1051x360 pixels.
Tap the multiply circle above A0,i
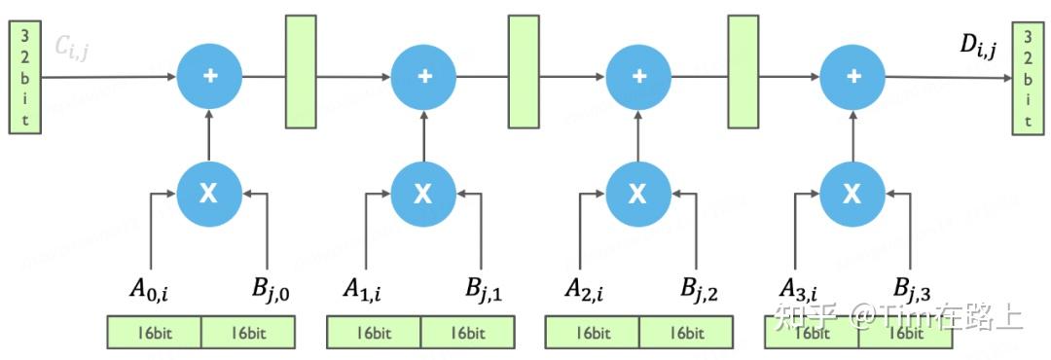click(x=209, y=194)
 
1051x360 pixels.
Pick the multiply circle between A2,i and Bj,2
click(x=637, y=194)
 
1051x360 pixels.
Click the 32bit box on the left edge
click(x=24, y=77)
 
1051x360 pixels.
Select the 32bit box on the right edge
click(x=1027, y=77)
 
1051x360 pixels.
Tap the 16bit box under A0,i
click(x=154, y=333)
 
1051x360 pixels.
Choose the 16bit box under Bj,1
click(x=467, y=333)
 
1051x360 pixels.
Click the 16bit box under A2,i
click(x=592, y=333)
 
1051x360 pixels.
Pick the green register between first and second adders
click(x=302, y=71)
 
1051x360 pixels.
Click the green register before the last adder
click(x=743, y=71)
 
